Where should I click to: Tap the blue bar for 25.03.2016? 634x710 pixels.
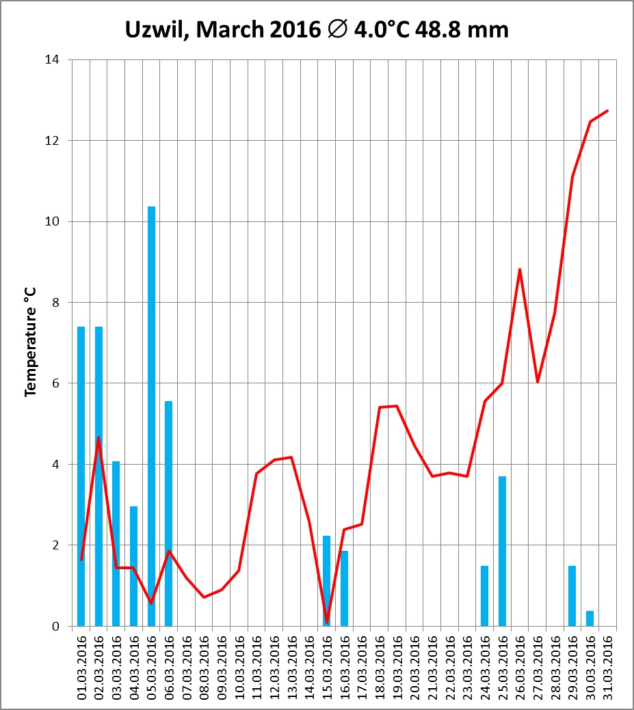pyautogui.click(x=502, y=551)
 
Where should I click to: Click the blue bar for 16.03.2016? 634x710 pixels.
pyautogui.click(x=344, y=588)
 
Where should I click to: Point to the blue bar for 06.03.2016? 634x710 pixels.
pyautogui.click(x=168, y=513)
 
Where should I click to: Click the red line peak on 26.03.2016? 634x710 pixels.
pyautogui.click(x=520, y=269)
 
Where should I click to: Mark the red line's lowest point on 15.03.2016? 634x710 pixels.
pyautogui.click(x=327, y=622)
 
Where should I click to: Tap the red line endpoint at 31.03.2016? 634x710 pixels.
pyautogui.click(x=607, y=111)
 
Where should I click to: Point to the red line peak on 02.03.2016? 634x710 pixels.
pyautogui.click(x=98, y=437)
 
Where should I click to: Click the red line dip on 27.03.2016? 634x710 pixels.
pyautogui.click(x=538, y=381)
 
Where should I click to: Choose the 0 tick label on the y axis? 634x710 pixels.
pyautogui.click(x=55, y=627)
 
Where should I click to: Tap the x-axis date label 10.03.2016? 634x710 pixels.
pyautogui.click(x=239, y=666)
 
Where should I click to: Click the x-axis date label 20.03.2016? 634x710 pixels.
pyautogui.click(x=414, y=666)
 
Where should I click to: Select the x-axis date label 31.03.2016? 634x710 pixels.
pyautogui.click(x=607, y=666)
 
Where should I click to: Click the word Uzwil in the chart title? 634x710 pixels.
pyautogui.click(x=153, y=30)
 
